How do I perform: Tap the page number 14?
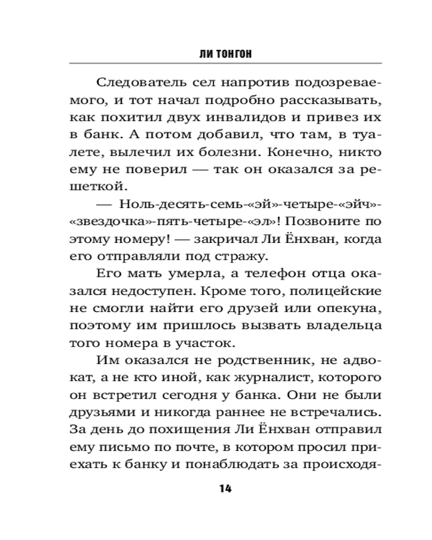(225, 489)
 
